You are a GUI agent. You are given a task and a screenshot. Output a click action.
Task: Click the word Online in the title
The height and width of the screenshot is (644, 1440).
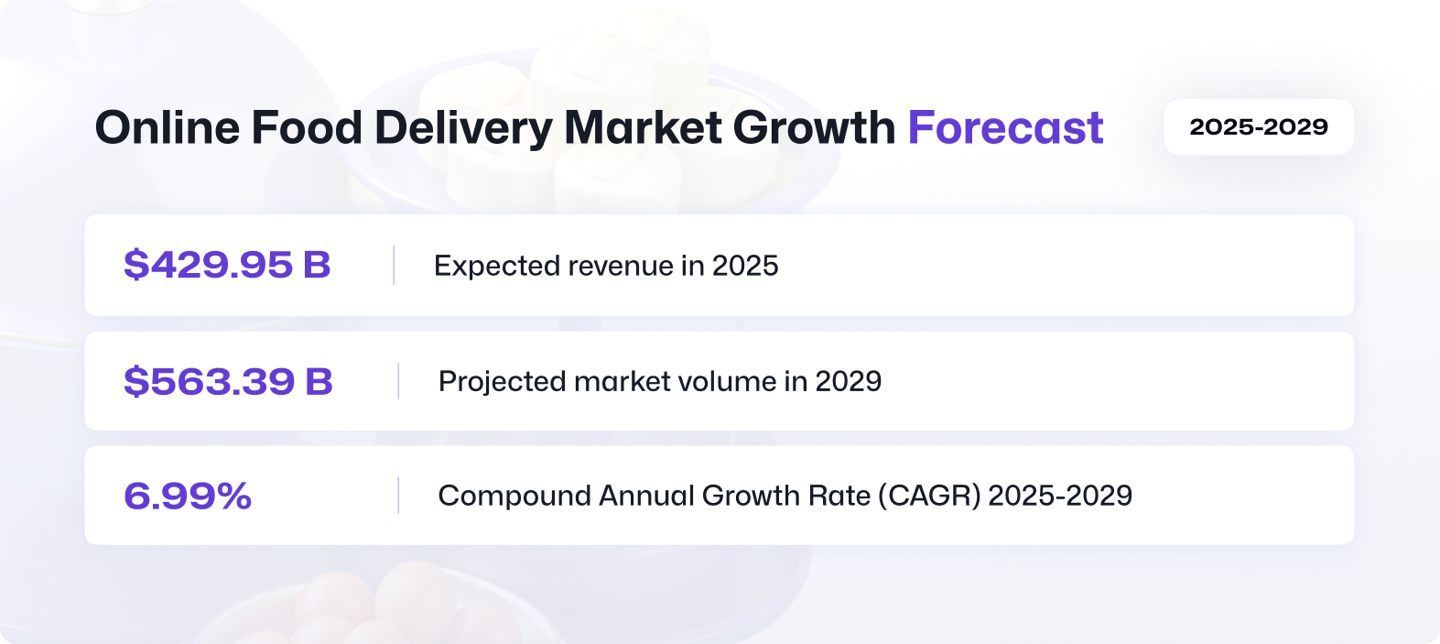coord(168,127)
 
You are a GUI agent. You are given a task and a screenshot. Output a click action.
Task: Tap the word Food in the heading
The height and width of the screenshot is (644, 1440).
coord(307,127)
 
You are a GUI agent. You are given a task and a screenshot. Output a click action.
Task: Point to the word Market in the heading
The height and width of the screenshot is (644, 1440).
coord(643,127)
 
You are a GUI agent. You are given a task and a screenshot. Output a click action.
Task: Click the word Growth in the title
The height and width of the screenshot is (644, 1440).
coord(814,127)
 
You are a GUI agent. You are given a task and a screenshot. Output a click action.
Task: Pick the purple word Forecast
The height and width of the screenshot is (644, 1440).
coord(1005,127)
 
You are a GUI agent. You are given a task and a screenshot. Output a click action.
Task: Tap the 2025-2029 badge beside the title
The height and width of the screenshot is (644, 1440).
coord(1259,126)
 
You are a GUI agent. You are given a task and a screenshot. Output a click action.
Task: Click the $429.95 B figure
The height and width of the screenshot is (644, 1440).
coord(227,265)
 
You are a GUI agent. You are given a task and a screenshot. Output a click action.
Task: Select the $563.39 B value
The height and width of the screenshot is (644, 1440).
coord(228,381)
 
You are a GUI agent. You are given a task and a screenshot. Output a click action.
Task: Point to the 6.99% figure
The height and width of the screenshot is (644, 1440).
coord(187,496)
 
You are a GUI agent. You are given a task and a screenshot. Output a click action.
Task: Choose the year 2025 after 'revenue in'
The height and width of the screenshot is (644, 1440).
coord(745,266)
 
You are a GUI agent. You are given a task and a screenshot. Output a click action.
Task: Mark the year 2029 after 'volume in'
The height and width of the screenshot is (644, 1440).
coord(849,381)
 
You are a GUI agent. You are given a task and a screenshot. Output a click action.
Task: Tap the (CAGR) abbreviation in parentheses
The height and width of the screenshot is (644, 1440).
coord(929,496)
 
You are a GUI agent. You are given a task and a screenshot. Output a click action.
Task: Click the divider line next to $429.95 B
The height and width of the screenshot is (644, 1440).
coord(394,265)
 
